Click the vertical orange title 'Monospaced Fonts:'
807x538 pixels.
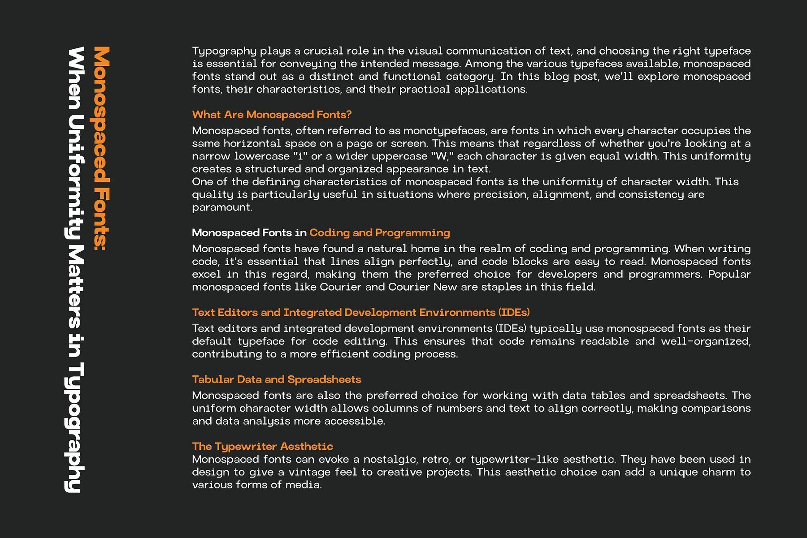[x=102, y=148]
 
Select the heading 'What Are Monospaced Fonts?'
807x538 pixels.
[x=272, y=115]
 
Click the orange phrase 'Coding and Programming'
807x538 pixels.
[x=379, y=232]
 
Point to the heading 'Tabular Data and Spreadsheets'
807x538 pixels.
[x=276, y=379]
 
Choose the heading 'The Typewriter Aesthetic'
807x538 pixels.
[x=262, y=446]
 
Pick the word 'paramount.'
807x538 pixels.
[x=222, y=207]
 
